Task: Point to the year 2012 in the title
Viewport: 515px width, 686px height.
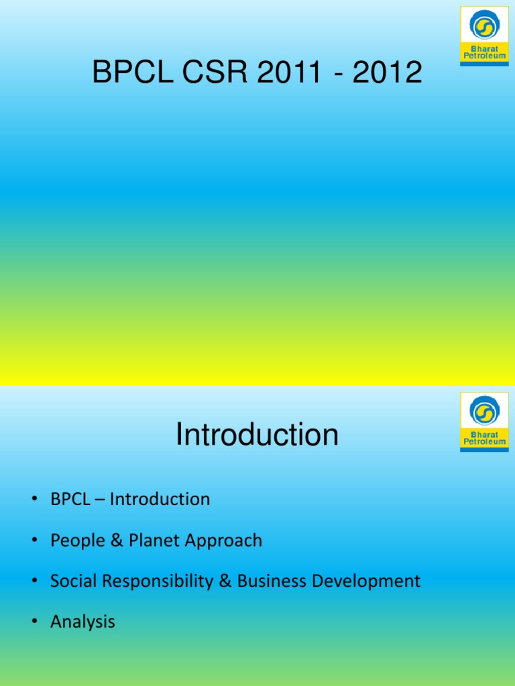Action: (x=388, y=72)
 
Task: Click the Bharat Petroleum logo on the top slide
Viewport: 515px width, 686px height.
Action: (x=483, y=36)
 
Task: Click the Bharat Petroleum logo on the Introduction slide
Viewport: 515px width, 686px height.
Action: (x=483, y=422)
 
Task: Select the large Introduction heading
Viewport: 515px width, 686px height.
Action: (x=257, y=435)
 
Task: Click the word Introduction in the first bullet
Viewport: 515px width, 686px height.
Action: (x=160, y=499)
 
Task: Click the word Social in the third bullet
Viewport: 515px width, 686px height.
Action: (x=71, y=581)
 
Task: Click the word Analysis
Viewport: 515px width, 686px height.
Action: (x=82, y=622)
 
